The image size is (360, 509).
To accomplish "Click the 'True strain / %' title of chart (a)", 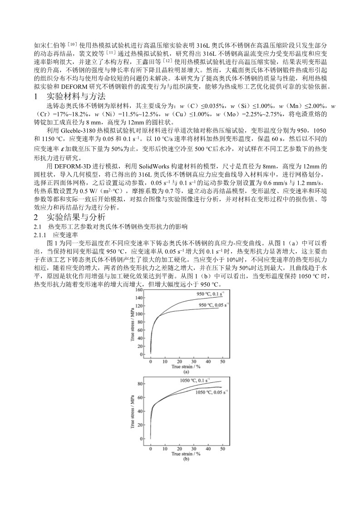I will [x=185, y=366].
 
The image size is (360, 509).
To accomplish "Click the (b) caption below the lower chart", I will [x=185, y=459].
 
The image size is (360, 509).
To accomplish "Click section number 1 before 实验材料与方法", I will [x=36, y=96].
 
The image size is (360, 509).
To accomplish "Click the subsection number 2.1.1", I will [x=41, y=235].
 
